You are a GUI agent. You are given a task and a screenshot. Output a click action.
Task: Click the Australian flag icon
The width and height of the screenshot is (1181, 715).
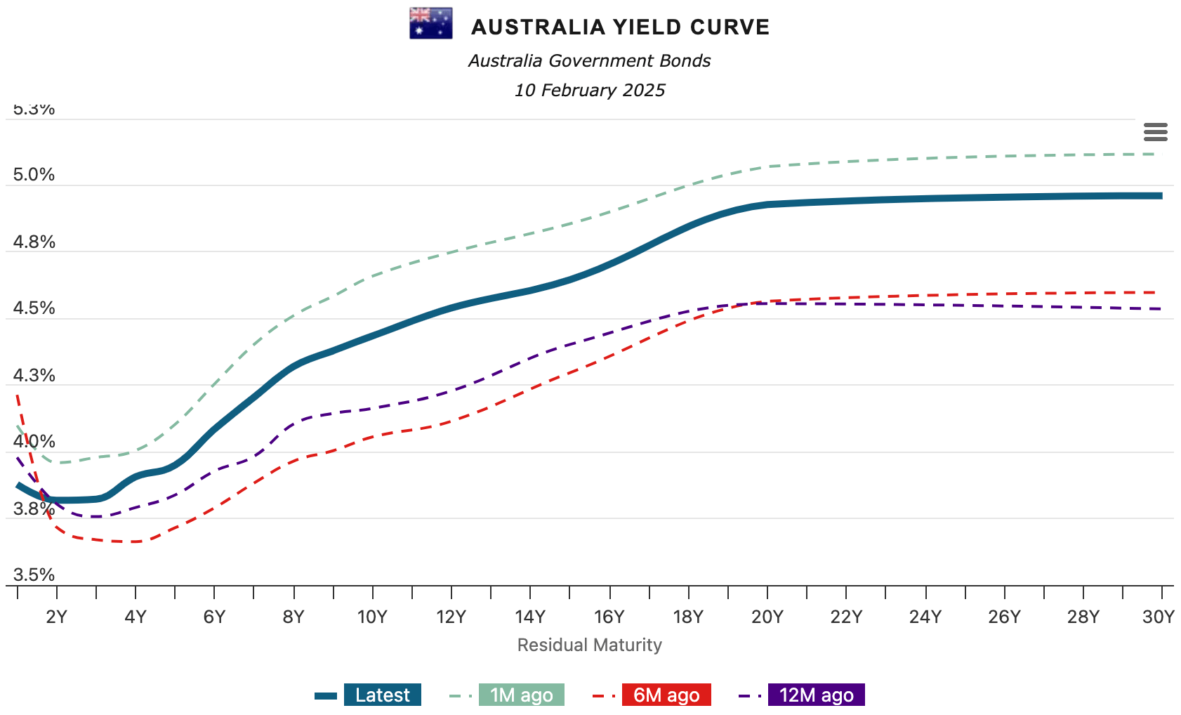pyautogui.click(x=430, y=24)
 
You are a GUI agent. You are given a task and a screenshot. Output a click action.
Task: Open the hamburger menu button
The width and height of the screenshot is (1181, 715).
pyautogui.click(x=1155, y=132)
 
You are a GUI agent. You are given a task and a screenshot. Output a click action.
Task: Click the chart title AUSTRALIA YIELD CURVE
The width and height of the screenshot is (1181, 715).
pyautogui.click(x=620, y=27)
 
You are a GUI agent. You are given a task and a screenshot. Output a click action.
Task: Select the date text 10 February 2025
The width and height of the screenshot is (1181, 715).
pyautogui.click(x=590, y=91)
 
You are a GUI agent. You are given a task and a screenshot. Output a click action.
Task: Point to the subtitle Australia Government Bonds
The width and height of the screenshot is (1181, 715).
pyautogui.click(x=590, y=61)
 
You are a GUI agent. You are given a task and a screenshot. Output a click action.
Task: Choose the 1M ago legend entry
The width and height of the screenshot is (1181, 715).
pyautogui.click(x=521, y=695)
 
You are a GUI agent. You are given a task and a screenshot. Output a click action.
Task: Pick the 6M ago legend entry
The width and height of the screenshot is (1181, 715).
pyautogui.click(x=666, y=695)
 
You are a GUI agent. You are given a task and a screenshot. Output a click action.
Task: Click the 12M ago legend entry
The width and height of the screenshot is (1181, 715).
pyautogui.click(x=816, y=695)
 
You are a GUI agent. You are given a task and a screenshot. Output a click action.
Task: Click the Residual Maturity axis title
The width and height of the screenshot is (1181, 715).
pyautogui.click(x=590, y=645)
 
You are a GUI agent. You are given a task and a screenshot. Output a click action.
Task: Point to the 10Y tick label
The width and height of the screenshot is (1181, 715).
pyautogui.click(x=372, y=617)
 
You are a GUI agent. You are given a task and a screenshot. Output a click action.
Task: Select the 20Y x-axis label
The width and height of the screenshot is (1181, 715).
pyautogui.click(x=767, y=617)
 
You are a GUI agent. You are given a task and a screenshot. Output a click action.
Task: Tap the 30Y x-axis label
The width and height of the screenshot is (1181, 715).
pyautogui.click(x=1158, y=617)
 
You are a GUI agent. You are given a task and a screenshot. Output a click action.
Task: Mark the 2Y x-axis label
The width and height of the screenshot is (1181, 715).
pyautogui.click(x=56, y=617)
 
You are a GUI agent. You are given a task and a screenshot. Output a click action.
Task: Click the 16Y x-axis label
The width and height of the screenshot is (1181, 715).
pyautogui.click(x=609, y=617)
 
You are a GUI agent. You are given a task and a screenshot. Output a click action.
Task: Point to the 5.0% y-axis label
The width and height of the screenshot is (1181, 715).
pyautogui.click(x=34, y=175)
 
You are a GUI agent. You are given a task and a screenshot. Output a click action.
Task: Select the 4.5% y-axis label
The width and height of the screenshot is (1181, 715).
pyautogui.click(x=34, y=308)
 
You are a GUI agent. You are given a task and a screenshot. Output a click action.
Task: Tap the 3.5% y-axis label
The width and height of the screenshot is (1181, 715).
pyautogui.click(x=34, y=575)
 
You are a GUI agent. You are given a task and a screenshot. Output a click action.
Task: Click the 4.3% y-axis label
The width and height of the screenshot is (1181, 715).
pyautogui.click(x=34, y=375)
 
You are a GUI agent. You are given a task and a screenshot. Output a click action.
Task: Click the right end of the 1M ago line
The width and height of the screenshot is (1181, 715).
pyautogui.click(x=1160, y=154)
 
